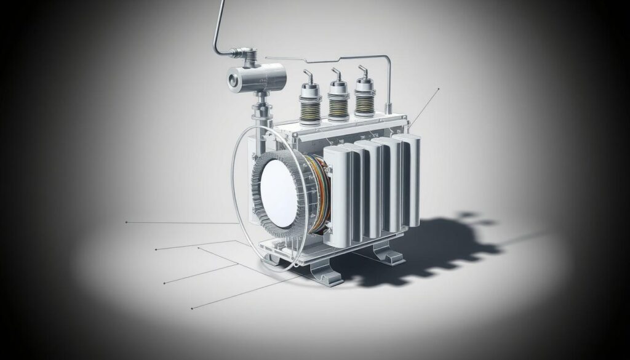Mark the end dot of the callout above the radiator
tap(439, 89)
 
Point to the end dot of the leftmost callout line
tap(126, 222)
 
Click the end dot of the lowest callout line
tap(192, 307)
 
